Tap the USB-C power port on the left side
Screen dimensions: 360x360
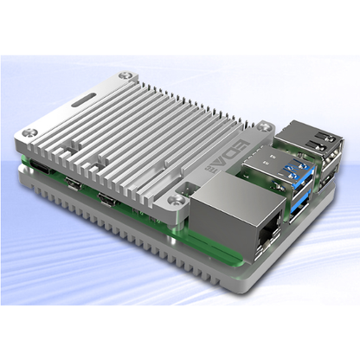(38, 166)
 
